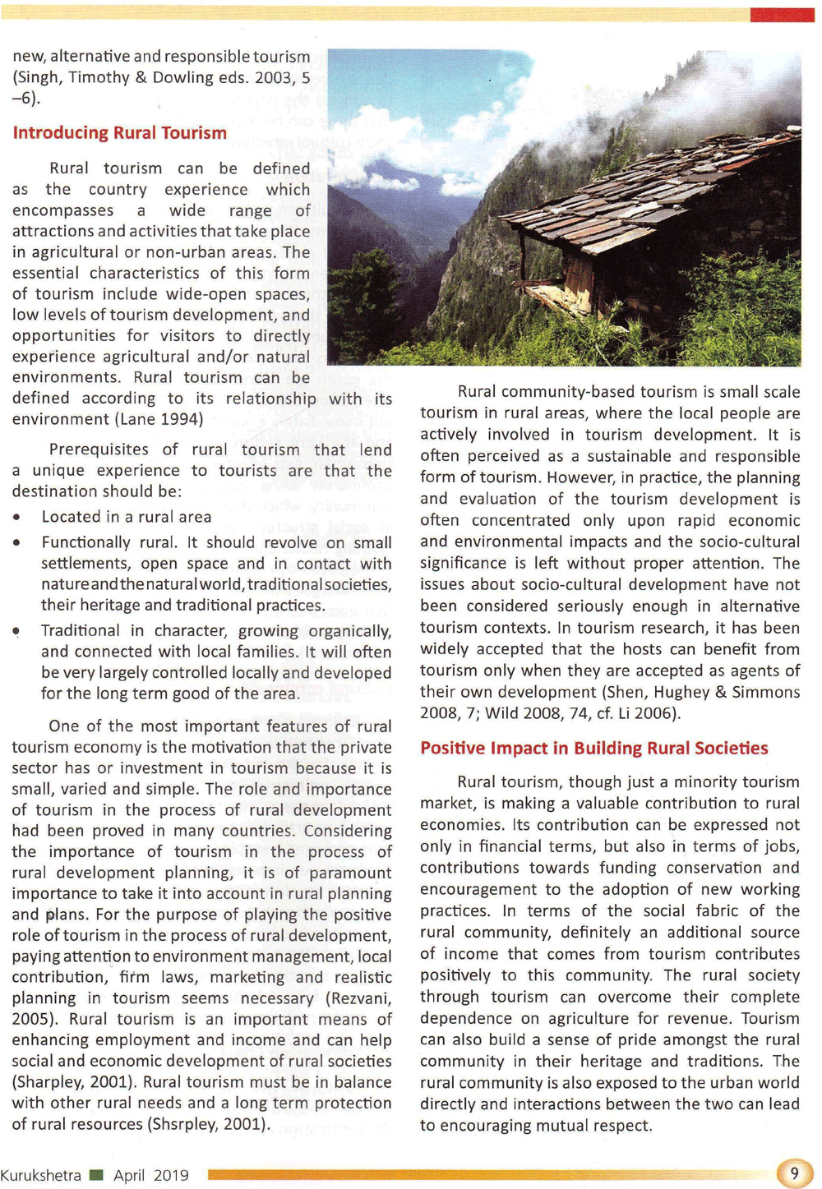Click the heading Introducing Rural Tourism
pos(119,133)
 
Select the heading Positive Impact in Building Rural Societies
pos(593,748)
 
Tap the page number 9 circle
pos(794,1173)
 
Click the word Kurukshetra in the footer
pos(40,1175)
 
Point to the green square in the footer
pos(96,1175)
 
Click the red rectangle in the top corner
pos(781,15)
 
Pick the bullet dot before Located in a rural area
pos(16,518)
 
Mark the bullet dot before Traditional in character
pos(16,631)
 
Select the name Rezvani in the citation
pos(360,998)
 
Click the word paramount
pos(350,873)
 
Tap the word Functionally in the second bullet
pos(94,542)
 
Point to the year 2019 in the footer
pos(171,1175)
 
